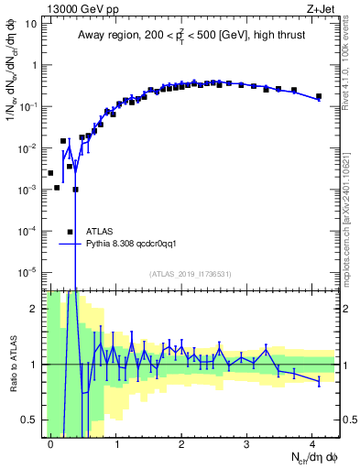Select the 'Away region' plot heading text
tap(190, 36)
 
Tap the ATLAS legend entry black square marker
tap(70, 232)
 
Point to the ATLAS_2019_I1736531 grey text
tap(190, 274)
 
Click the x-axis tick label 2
tap(181, 442)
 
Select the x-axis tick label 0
tap(50, 442)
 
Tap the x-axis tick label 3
tap(246, 442)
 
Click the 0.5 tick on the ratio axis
tap(29, 420)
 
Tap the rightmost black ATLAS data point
tap(319, 96)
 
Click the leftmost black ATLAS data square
tap(50, 172)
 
